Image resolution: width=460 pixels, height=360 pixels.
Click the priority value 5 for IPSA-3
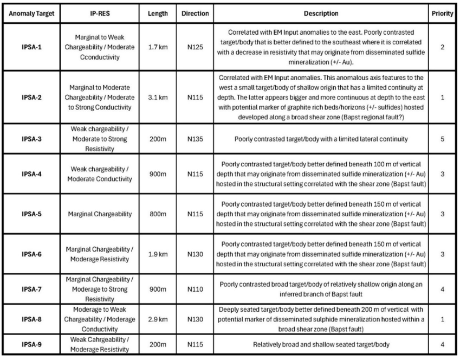pos(443,138)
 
